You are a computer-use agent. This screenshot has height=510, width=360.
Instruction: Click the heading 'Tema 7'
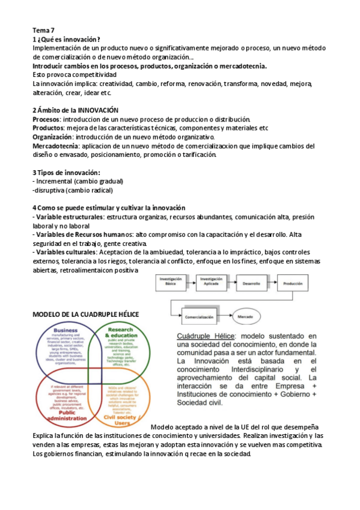pyautogui.click(x=42, y=30)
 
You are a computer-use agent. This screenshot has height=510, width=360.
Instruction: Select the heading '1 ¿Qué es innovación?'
pyautogui.click(x=66, y=39)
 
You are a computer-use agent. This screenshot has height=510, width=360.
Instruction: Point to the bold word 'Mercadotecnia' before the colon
pyautogui.click(x=55, y=146)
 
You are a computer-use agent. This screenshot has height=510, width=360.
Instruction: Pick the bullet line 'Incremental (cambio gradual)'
pyautogui.click(x=79, y=181)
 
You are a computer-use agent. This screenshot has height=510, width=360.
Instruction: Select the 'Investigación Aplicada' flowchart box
pyautogui.click(x=211, y=282)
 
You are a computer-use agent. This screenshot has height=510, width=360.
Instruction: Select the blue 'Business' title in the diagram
pyautogui.click(x=66, y=330)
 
